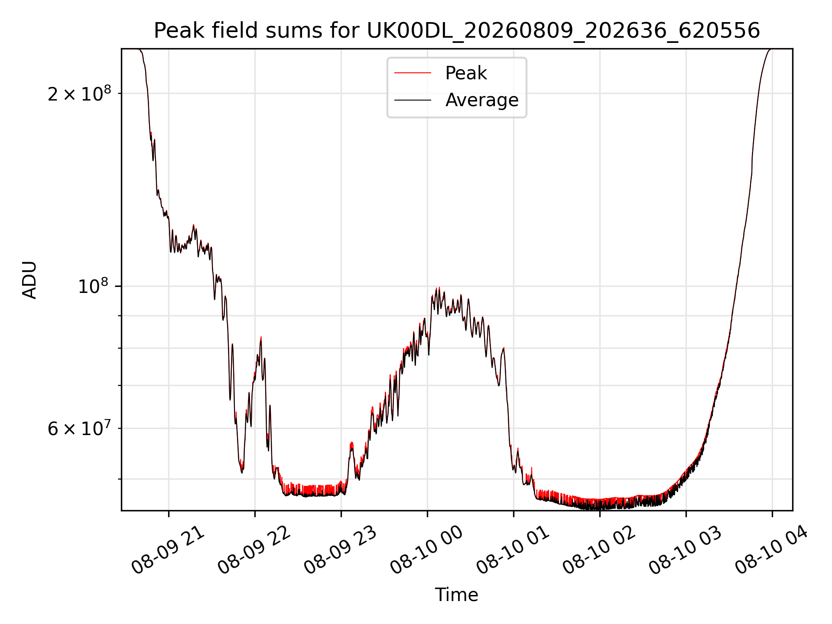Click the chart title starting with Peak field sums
457,31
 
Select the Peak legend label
466,73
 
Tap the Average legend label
482,100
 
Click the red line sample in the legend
413,73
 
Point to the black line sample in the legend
413,100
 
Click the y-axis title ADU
29,280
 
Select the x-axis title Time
457,595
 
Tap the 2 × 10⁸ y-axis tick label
79,93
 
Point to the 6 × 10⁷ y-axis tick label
79,428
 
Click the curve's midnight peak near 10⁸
439,288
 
